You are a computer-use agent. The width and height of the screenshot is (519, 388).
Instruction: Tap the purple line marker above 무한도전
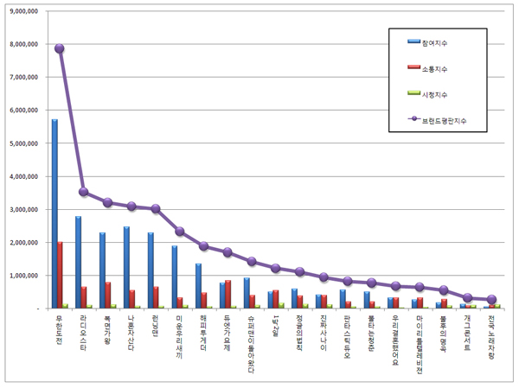pyautogui.click(x=60, y=48)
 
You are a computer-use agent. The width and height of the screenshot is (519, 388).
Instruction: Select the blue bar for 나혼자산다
pyautogui.click(x=126, y=267)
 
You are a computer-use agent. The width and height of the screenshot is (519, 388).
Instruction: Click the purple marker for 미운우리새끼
pyautogui.click(x=179, y=231)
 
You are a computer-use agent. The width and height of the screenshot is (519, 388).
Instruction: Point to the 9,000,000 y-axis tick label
pyautogui.click(x=25, y=11)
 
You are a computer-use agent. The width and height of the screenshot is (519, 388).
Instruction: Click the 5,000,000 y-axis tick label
pyautogui.click(x=25, y=143)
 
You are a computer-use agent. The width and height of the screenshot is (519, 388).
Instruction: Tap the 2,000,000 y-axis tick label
pyautogui.click(x=25, y=243)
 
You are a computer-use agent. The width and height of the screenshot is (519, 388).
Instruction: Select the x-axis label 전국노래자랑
pyautogui.click(x=491, y=337)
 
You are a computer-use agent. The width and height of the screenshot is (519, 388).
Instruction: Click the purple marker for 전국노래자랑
pyautogui.click(x=491, y=299)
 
